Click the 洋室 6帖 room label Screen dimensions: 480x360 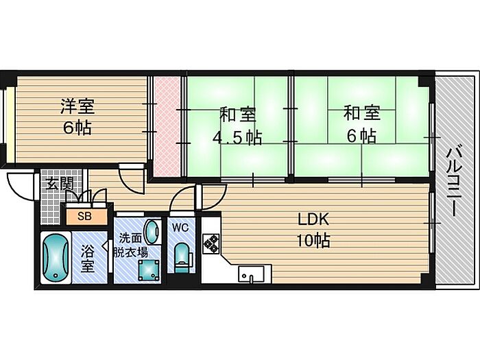(77, 117)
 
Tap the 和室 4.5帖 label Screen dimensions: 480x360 (237, 125)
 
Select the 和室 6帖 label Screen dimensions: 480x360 (361, 124)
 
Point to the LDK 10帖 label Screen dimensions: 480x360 (313, 230)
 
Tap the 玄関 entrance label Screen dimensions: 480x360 (60, 184)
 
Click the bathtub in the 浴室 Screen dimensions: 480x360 (56, 257)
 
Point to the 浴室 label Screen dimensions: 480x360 (87, 259)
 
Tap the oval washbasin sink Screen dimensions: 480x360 (152, 232)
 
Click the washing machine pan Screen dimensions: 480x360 (149, 270)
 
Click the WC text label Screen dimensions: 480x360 (180, 228)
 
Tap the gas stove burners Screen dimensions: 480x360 (211, 243)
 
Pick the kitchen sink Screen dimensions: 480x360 (251, 274)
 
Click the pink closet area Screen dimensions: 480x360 (166, 126)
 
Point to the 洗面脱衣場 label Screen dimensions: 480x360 (131, 245)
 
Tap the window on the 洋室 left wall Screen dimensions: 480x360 (9, 125)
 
